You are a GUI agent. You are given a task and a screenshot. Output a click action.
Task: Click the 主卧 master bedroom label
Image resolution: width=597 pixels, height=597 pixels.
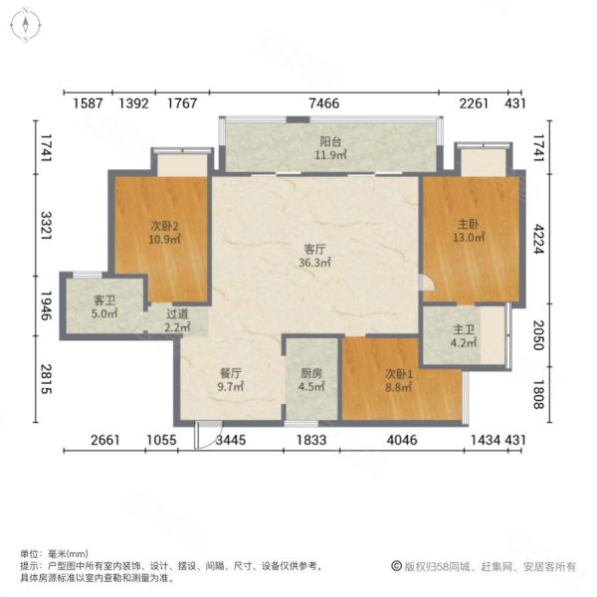pyautogui.click(x=470, y=224)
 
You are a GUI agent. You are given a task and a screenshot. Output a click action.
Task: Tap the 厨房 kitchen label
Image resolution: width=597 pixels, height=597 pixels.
pyautogui.click(x=310, y=375)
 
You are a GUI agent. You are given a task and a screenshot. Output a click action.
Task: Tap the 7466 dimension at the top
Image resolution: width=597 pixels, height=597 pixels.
pyautogui.click(x=323, y=102)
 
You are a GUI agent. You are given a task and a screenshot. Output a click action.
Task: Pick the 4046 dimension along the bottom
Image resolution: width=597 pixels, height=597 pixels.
pyautogui.click(x=402, y=441)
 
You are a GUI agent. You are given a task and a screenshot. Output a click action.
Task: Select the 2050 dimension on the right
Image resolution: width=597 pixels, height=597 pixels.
pyautogui.click(x=538, y=330)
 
